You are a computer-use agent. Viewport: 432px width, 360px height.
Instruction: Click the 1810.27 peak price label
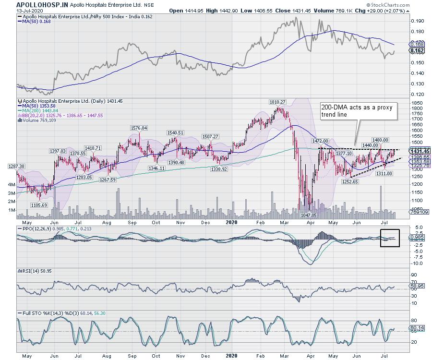279,102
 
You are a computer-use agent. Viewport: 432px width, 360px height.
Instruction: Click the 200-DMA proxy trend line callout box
359,112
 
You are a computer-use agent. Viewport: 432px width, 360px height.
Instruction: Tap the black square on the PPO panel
390,238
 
